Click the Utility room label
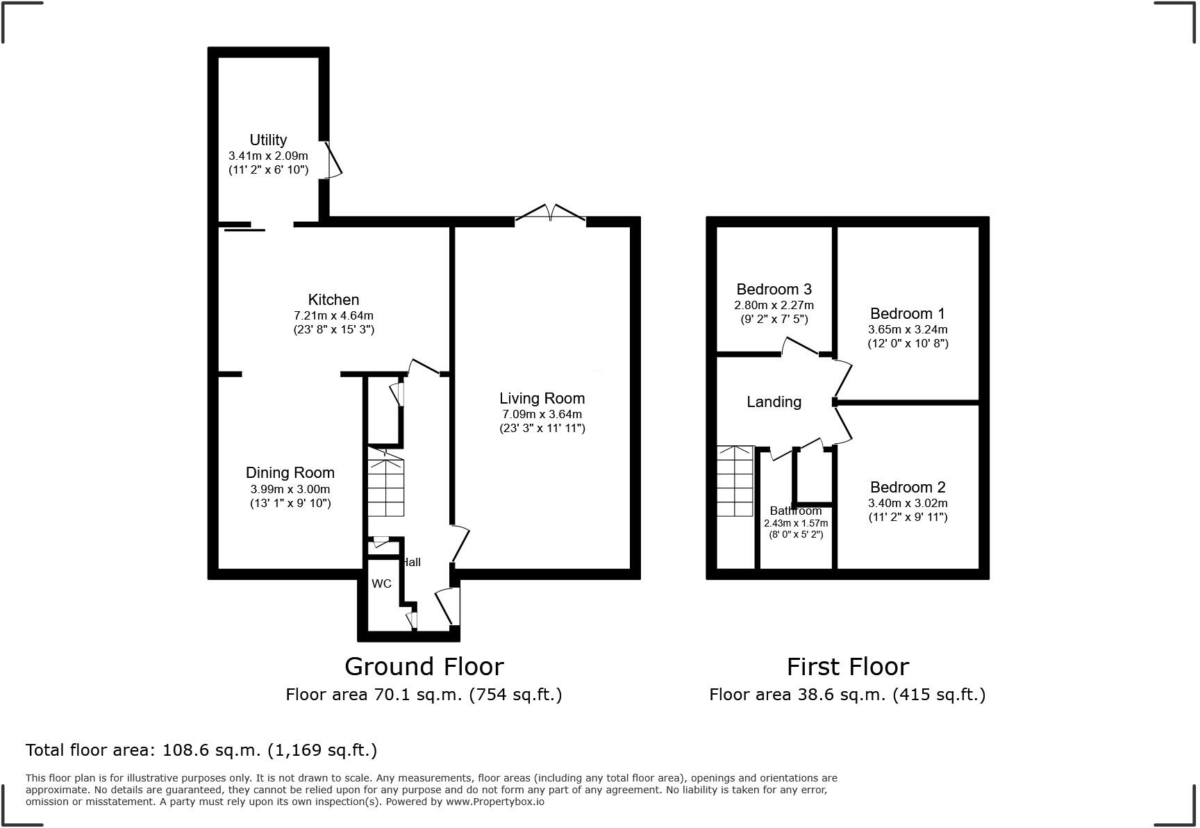click(268, 140)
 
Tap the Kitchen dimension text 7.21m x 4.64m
click(333, 315)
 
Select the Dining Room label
click(290, 472)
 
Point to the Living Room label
click(542, 398)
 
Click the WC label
click(381, 583)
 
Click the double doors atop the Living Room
click(550, 213)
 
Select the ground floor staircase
click(385, 486)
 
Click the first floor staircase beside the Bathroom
click(735, 481)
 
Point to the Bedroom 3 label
click(774, 289)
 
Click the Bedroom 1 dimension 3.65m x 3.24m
click(907, 329)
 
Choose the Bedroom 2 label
click(907, 487)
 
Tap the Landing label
click(774, 401)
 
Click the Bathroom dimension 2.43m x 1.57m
click(796, 523)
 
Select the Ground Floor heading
click(424, 666)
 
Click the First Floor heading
click(847, 666)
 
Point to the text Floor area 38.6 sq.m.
click(847, 694)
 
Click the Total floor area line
click(201, 750)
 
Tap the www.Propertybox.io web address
click(494, 801)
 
